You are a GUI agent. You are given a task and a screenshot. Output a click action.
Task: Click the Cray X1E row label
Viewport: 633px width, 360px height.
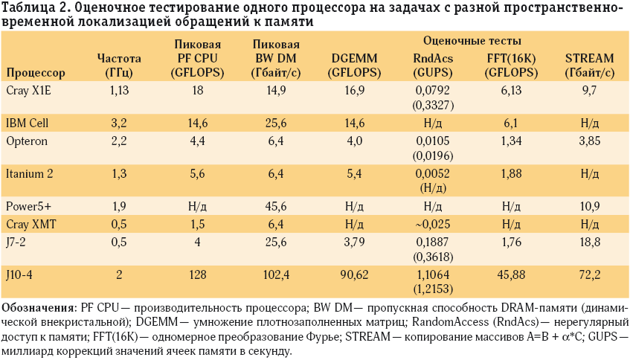pyautogui.click(x=27, y=90)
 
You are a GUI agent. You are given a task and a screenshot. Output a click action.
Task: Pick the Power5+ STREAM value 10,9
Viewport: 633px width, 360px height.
pyautogui.click(x=590, y=205)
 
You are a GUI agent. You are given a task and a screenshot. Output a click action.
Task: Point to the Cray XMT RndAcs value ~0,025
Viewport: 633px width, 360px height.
pyautogui.click(x=433, y=224)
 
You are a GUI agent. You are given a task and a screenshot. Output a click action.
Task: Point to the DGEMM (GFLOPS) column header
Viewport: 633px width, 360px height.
pyautogui.click(x=348, y=65)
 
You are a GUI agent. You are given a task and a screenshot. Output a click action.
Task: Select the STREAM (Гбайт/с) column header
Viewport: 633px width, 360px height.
pyautogui.click(x=589, y=65)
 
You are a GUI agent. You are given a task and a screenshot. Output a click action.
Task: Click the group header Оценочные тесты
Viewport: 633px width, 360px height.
pyautogui.click(x=472, y=40)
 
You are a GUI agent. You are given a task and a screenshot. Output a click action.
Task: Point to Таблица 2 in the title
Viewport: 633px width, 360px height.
pyautogui.click(x=33, y=8)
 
